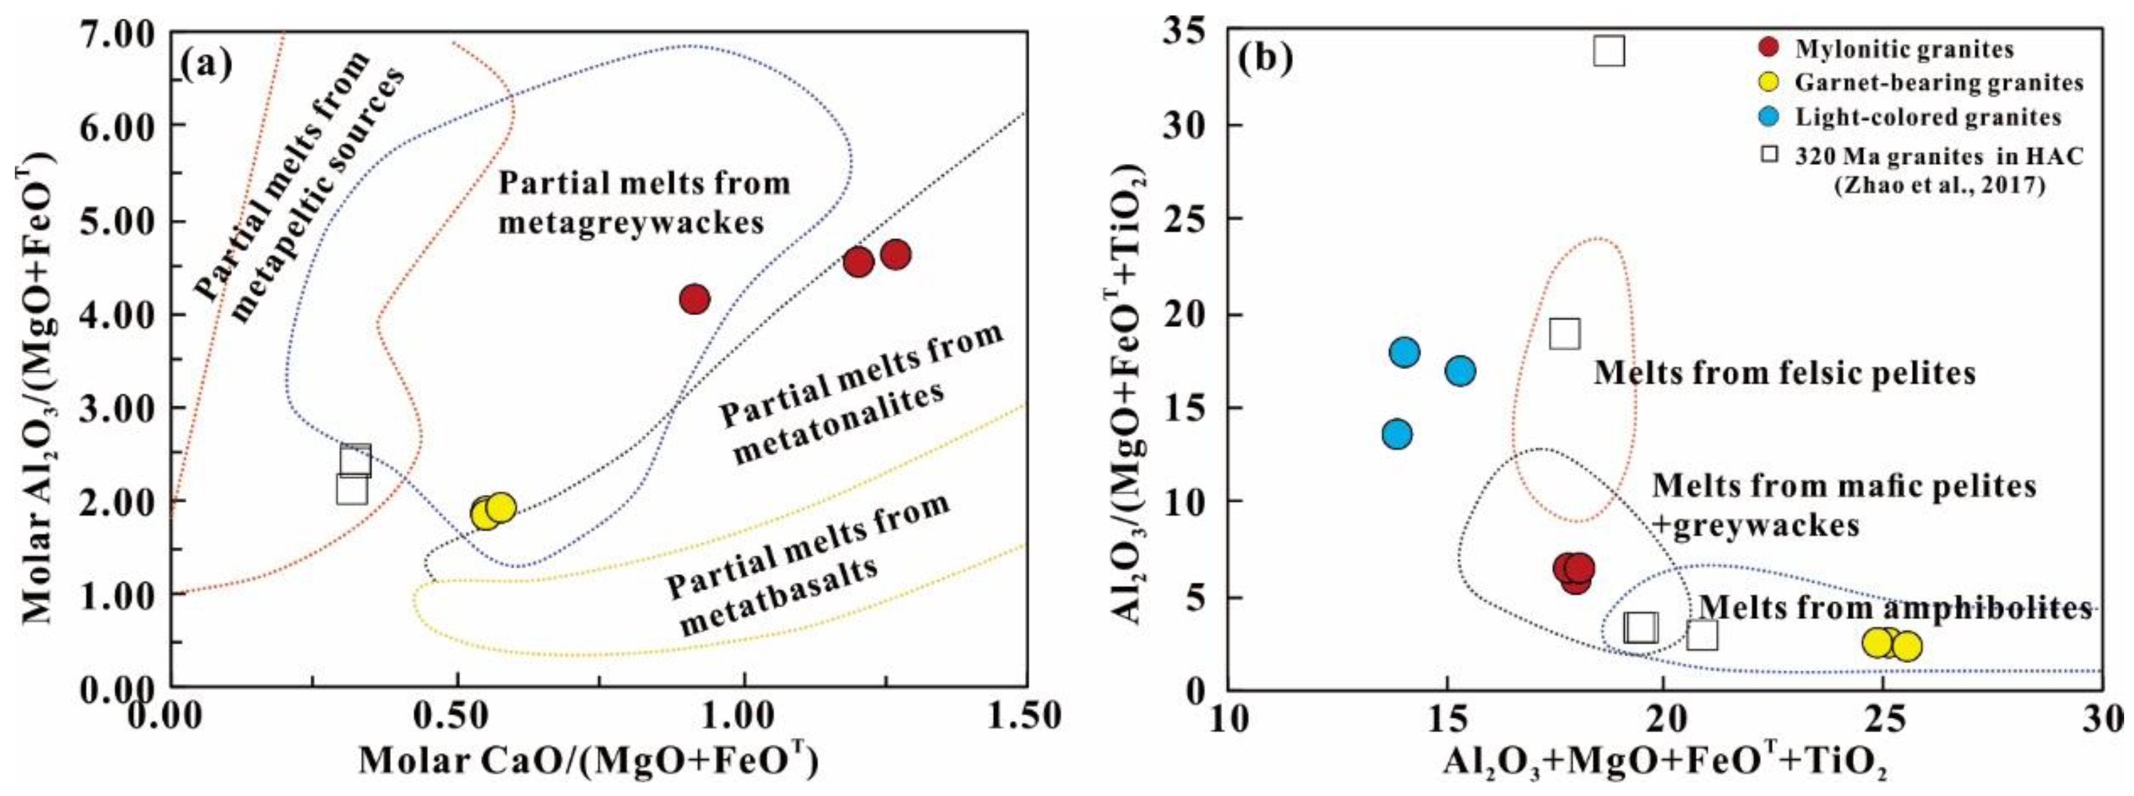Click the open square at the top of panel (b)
click(x=1609, y=51)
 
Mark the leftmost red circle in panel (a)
click(x=694, y=299)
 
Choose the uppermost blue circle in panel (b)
click(x=1404, y=352)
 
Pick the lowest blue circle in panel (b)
click(x=1397, y=434)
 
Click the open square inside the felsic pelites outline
click(x=1564, y=334)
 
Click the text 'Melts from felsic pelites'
click(x=1785, y=374)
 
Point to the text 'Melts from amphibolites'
click(x=1895, y=609)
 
